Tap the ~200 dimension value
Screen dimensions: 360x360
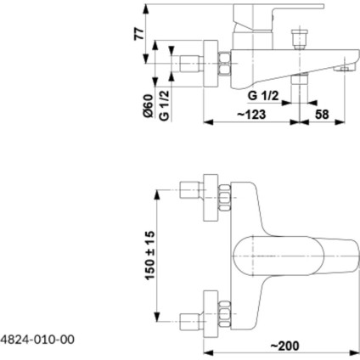287,346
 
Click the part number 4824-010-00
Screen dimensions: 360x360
39,339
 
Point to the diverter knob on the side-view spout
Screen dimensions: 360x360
296,41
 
